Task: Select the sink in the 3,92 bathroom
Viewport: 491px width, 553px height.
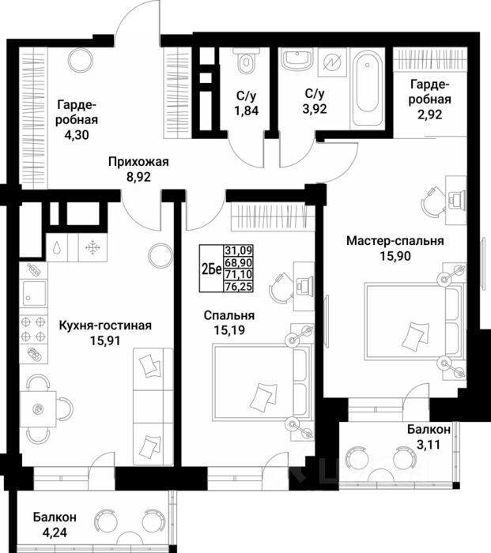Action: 297,59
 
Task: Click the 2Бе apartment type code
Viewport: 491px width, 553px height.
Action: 211,266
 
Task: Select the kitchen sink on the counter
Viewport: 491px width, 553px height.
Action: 32,293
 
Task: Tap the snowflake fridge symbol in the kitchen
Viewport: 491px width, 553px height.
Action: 93,247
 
